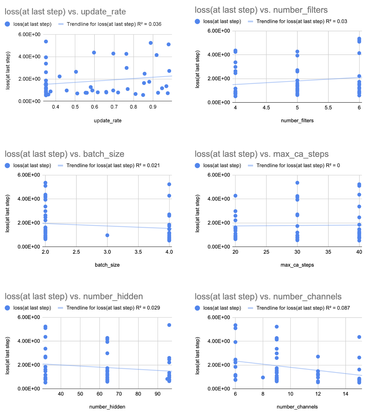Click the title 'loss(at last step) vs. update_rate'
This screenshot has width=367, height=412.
point(65,12)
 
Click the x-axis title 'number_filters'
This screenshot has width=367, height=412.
point(297,121)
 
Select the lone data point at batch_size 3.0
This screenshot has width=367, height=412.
point(107,235)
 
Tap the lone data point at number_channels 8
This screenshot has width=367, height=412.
point(263,377)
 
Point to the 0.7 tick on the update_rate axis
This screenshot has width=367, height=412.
point(114,107)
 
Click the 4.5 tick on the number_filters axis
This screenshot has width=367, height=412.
point(266,108)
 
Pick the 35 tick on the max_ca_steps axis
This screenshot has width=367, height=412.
point(328,252)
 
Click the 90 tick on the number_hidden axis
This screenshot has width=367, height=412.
point(158,394)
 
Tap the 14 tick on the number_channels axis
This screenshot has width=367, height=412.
point(345,394)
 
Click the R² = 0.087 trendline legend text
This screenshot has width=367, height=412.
point(303,308)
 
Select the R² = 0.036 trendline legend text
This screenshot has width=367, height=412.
point(114,24)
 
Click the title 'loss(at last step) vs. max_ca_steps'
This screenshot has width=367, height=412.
point(261,154)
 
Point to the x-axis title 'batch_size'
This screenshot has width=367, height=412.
point(107,265)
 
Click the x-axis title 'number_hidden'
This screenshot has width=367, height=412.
point(107,407)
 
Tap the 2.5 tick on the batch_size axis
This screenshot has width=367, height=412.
point(76,252)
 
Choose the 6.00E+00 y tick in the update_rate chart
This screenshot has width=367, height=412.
point(29,34)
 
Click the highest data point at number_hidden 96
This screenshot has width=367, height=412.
point(169,325)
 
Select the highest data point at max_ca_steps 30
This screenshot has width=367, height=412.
point(297,183)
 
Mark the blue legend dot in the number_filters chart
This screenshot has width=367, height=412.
point(198,21)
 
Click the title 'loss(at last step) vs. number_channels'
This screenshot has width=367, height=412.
point(268,296)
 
